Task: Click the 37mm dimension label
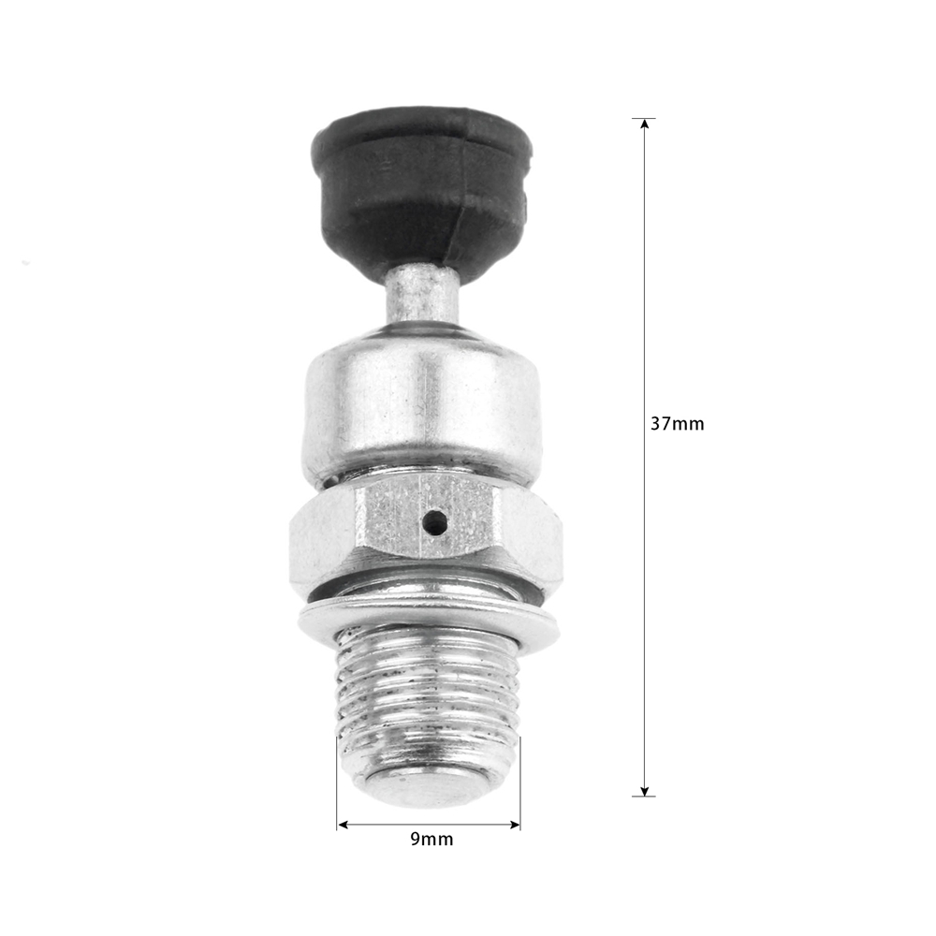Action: pyautogui.click(x=677, y=424)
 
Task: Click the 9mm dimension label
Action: pyautogui.click(x=431, y=840)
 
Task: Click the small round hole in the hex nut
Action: pyautogui.click(x=434, y=522)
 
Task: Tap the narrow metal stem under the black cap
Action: pyautogui.click(x=421, y=297)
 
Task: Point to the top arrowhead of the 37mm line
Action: pyautogui.click(x=644, y=124)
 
